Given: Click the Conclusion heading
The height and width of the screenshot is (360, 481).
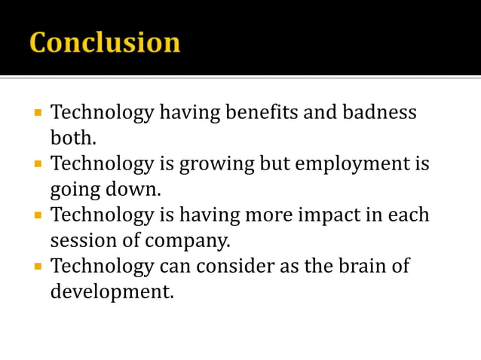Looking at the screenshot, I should [x=105, y=42].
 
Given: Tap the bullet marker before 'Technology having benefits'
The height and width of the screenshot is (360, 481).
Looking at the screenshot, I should [x=37, y=114].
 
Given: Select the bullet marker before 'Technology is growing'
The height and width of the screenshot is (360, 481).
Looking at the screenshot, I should [x=37, y=164].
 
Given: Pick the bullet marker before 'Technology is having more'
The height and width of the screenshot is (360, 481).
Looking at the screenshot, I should [x=37, y=215].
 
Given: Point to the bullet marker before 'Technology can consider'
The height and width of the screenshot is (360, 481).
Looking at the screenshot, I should [x=37, y=267].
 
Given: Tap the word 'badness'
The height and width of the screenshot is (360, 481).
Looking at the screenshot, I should [x=380, y=114].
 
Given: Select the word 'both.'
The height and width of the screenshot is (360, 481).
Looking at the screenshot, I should [x=74, y=139].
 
